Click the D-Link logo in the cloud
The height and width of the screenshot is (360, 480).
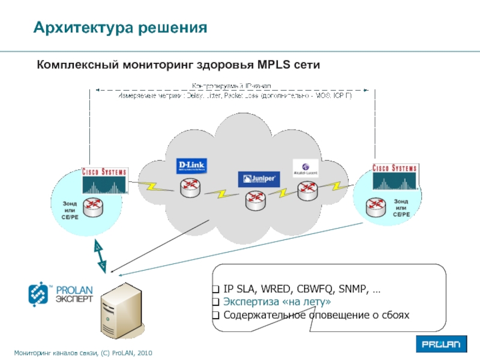click(191, 166)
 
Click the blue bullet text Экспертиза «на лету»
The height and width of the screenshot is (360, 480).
click(277, 302)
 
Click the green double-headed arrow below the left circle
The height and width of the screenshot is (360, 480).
click(99, 255)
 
